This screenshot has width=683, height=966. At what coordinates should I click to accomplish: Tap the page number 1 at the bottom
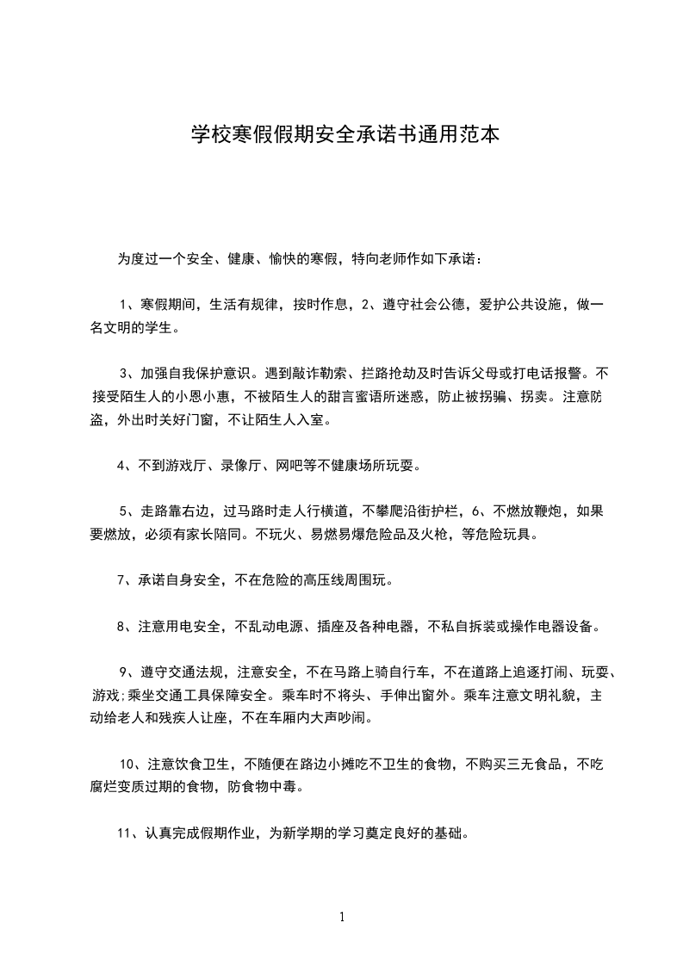pos(342,917)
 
